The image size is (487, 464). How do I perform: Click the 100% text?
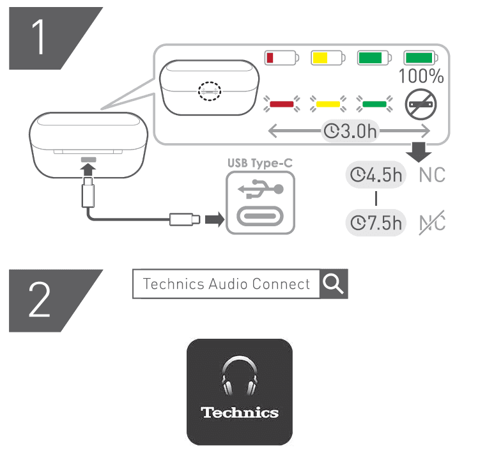[421, 77]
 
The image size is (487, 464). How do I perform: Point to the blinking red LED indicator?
[281, 102]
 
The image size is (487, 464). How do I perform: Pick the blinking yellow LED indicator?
[327, 102]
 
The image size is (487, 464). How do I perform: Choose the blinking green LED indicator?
[374, 102]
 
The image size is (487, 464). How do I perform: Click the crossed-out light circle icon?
[421, 102]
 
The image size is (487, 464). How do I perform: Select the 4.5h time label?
[376, 174]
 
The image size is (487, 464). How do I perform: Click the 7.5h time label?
[376, 223]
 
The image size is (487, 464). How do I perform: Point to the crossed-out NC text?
[432, 223]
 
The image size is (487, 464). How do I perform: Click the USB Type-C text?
[259, 163]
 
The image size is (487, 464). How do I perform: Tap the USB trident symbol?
[259, 189]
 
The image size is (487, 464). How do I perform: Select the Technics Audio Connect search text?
[226, 284]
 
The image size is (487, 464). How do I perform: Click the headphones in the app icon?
[240, 378]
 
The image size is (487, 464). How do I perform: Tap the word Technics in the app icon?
[240, 412]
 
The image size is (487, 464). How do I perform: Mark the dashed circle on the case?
[209, 90]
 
